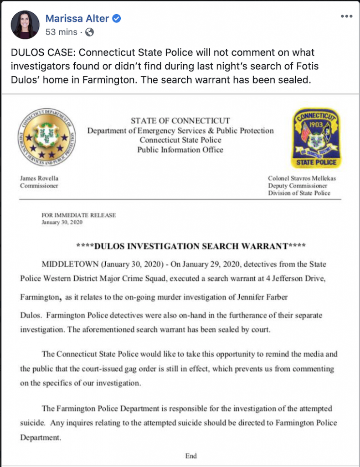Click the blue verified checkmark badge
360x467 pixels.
(117, 19)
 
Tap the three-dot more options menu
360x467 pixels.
(347, 16)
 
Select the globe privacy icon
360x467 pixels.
(90, 32)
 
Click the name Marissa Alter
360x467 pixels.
(77, 19)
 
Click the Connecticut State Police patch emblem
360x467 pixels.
(315, 138)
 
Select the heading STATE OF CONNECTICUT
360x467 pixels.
(180, 121)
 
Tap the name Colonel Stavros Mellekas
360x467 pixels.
(302, 178)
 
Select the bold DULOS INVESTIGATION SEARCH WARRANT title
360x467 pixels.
(191, 247)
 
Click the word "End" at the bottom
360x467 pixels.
(190, 456)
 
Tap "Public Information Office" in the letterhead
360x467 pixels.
(180, 150)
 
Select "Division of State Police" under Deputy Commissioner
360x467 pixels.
(299, 193)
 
